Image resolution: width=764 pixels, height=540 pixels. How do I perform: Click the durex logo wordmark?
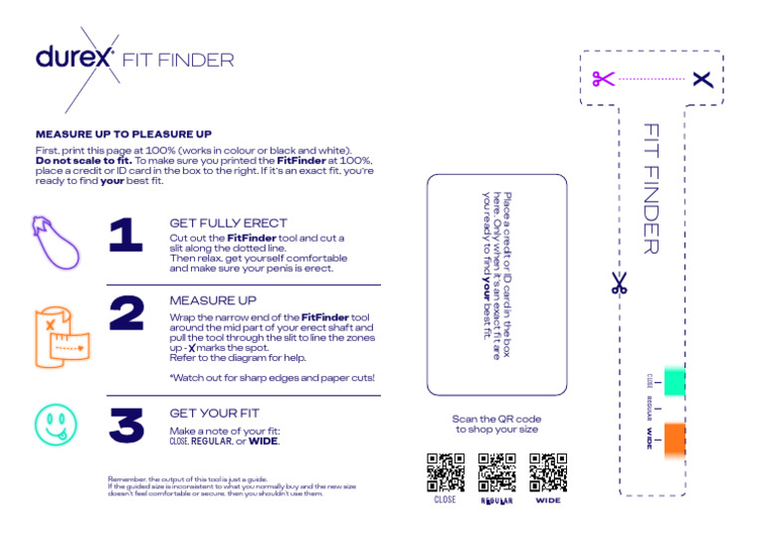coord(76,58)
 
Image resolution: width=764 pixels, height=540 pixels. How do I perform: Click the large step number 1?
coord(125,237)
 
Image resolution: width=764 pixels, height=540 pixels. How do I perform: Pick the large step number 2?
coord(126,313)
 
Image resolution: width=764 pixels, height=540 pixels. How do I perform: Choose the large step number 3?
coord(126,426)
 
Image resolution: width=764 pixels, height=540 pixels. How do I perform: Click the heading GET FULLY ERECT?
coord(228,224)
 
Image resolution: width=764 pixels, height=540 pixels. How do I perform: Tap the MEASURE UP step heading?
coord(213,299)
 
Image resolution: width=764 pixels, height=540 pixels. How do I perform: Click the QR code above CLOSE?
coord(446,472)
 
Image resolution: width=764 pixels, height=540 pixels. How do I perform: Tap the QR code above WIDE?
coord(547,472)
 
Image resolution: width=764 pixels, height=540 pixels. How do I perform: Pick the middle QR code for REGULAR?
coord(496,472)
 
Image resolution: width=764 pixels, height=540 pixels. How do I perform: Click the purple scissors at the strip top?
coord(602,79)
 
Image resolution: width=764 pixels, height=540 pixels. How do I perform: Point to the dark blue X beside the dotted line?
coord(703,79)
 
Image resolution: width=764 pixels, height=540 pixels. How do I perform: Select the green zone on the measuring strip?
coord(674,380)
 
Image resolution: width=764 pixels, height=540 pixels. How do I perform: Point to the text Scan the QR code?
coord(496,420)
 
